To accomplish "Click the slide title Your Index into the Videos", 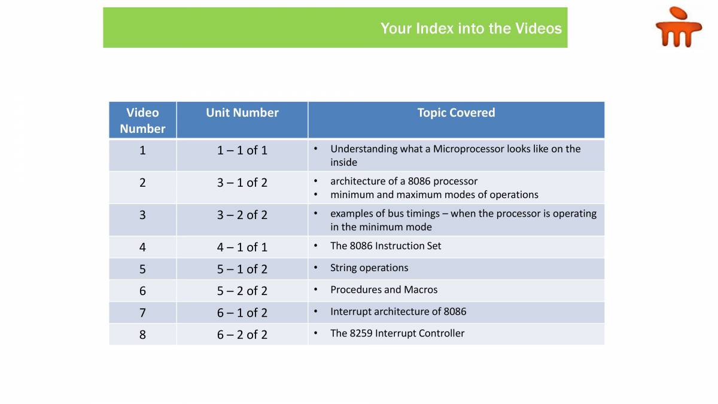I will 471,29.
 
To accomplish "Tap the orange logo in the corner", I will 678,28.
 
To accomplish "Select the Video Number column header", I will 142,120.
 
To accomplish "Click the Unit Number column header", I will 242,113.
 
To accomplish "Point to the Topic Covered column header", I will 456,113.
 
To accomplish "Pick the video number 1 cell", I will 142,150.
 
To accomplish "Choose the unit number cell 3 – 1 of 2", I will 242,183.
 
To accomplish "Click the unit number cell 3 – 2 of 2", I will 242,215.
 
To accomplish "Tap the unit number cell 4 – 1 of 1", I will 242,247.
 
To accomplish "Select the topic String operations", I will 369,268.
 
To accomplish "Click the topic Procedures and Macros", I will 384,290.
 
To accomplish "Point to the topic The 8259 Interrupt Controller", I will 397,333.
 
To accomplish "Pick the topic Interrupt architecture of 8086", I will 398,312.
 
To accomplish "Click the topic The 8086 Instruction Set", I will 385,246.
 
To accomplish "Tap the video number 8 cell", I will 142,335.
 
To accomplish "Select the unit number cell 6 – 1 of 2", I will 242,312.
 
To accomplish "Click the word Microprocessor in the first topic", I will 468,149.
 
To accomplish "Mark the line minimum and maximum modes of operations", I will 434,195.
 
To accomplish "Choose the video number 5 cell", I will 142,269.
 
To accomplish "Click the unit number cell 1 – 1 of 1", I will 242,150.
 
